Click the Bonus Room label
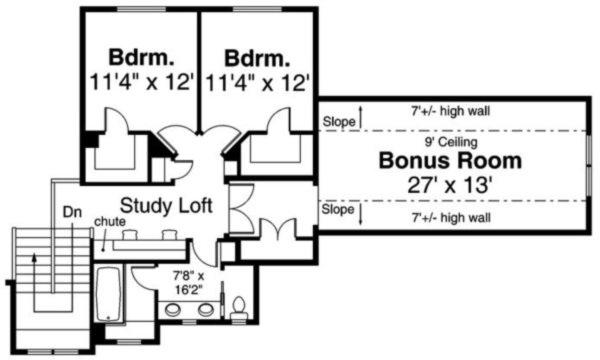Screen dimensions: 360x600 tap(450, 161)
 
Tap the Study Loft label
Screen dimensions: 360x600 tap(165, 205)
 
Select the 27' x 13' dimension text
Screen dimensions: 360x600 tap(450, 184)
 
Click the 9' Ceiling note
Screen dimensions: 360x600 tap(450, 143)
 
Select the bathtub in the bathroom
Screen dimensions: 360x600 tap(108, 293)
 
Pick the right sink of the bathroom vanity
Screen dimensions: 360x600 tap(206, 310)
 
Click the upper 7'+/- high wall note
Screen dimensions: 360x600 tap(450, 112)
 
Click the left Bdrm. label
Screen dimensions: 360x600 tap(142, 57)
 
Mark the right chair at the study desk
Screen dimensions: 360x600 tap(169, 235)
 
